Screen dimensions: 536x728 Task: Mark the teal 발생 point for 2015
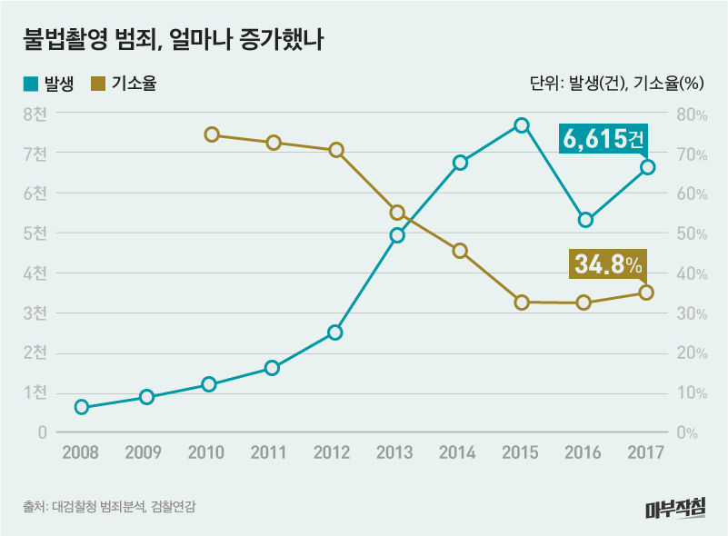point(522,125)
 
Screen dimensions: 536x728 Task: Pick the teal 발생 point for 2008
point(82,407)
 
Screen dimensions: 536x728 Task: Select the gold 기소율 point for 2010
point(212,134)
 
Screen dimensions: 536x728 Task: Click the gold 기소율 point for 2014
point(460,251)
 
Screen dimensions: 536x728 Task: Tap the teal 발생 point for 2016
point(585,220)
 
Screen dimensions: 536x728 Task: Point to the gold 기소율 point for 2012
point(336,150)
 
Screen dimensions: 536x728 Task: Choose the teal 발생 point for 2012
point(335,333)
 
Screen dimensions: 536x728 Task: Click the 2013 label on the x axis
point(396,452)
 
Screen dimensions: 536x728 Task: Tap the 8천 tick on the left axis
point(35,114)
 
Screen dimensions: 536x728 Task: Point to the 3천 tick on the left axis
point(35,313)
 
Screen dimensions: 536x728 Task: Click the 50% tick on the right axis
point(690,233)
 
